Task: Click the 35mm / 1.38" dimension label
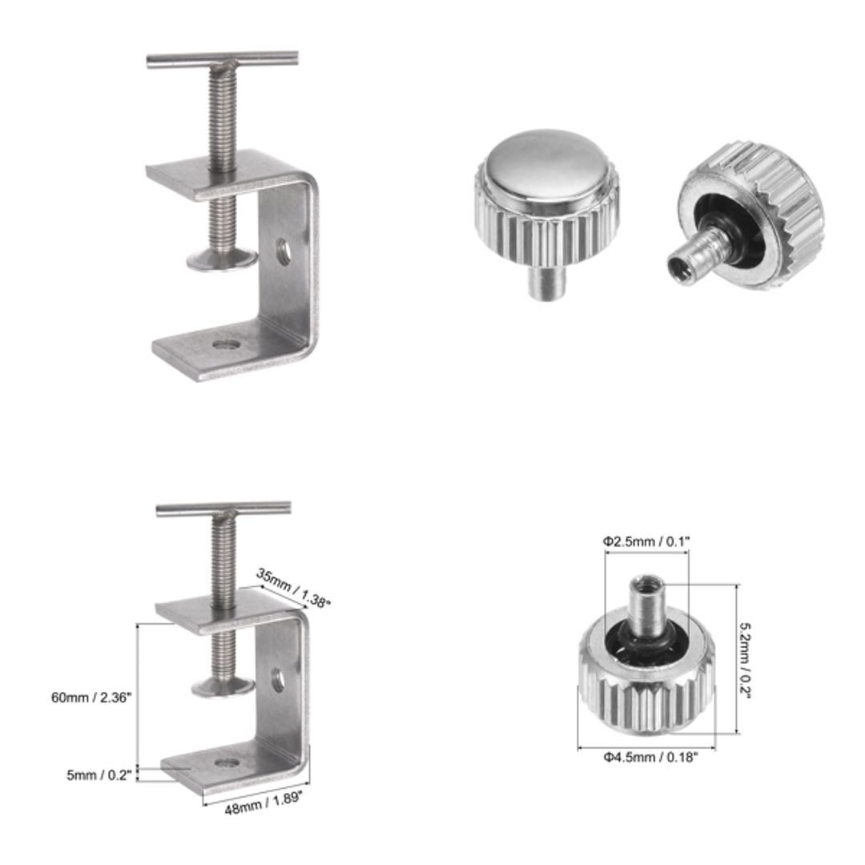[x=293, y=588]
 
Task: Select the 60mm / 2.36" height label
[x=91, y=697]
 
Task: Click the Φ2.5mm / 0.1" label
[x=646, y=541]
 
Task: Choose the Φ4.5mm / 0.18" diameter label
[x=650, y=756]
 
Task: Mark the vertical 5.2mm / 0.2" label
[x=746, y=659]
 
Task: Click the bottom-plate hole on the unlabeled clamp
[x=227, y=346]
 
